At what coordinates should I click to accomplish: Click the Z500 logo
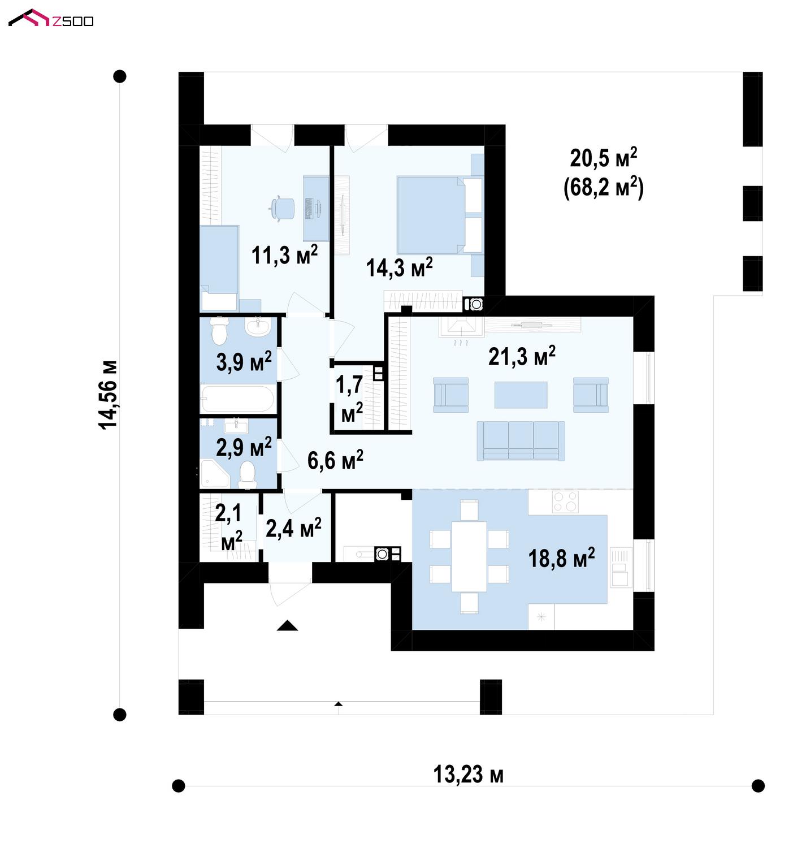tap(50, 18)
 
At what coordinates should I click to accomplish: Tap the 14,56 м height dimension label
tap(108, 395)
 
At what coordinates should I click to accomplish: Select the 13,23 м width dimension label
tap(469, 775)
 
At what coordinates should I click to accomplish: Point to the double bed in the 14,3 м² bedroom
tap(439, 215)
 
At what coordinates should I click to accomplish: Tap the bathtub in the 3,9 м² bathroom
tap(238, 399)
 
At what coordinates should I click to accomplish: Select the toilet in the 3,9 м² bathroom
tap(219, 330)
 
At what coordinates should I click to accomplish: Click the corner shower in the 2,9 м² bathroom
tap(214, 473)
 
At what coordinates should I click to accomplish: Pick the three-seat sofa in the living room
tap(521, 440)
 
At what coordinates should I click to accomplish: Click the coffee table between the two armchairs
tap(521, 395)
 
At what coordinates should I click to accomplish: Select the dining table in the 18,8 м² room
tap(469, 557)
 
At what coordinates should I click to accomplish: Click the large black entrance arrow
tap(287, 626)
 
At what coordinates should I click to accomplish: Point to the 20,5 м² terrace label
tap(603, 158)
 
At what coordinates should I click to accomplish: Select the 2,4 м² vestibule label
tap(293, 528)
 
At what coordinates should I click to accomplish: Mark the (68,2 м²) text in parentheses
tap(604, 188)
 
